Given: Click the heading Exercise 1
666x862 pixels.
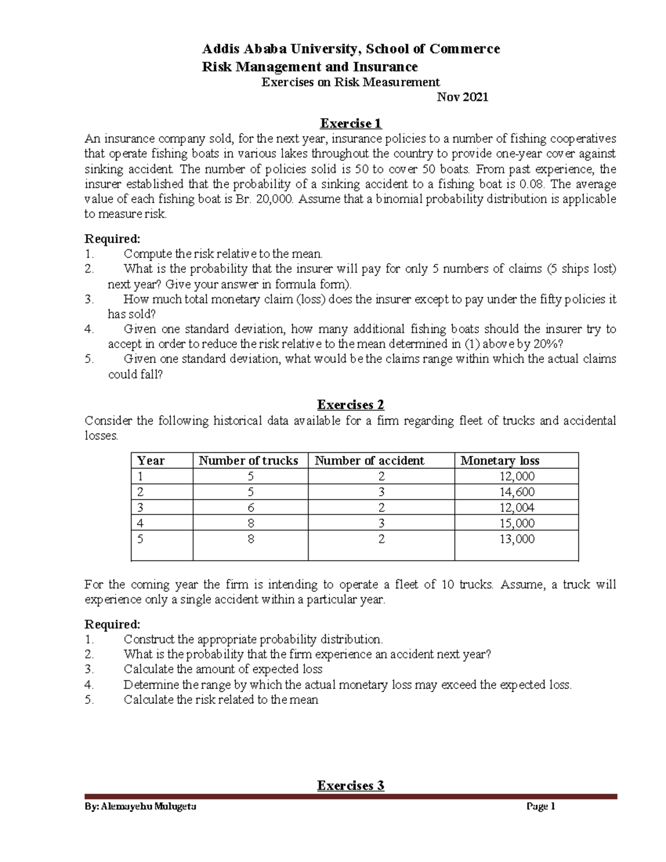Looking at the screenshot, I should [x=350, y=123].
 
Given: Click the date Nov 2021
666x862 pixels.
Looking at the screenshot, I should [x=462, y=97].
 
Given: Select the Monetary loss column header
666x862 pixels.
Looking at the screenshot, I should [x=500, y=461].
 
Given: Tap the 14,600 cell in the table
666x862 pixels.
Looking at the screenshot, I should [x=517, y=492].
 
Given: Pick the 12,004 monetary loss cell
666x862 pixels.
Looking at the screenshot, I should [x=517, y=507].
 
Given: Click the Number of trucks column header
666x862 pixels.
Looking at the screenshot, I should [x=248, y=461].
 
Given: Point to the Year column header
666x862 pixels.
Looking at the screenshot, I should [x=151, y=461].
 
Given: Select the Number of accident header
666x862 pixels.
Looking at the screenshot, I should [x=369, y=461].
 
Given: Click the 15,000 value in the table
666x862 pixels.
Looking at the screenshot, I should [x=517, y=523].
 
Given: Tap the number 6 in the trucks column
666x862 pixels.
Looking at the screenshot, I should [x=251, y=507].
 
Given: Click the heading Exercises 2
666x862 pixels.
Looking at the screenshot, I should [x=350, y=405].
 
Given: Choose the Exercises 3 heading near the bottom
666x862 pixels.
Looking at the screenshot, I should [x=350, y=785].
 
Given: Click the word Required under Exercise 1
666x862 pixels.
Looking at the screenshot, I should [x=112, y=239].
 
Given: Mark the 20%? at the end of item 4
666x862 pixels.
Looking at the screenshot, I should [x=538, y=344].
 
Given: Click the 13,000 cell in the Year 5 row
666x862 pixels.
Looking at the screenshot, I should [x=517, y=539].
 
